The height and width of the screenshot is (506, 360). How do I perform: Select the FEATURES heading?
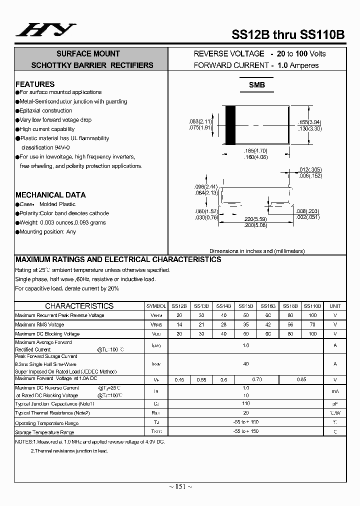click(x=35, y=84)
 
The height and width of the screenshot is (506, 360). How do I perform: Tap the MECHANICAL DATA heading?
click(x=50, y=194)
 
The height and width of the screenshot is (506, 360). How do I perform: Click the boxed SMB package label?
click(x=257, y=85)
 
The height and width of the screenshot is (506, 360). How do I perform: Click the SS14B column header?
click(x=223, y=306)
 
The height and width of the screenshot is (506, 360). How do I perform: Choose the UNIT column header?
click(x=335, y=306)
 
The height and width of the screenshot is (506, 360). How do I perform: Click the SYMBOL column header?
click(x=156, y=306)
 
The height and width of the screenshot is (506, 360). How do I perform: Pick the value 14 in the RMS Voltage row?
click(x=179, y=324)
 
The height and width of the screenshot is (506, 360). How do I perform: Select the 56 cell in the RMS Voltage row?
click(x=290, y=324)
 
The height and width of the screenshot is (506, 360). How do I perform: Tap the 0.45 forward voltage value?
click(x=179, y=380)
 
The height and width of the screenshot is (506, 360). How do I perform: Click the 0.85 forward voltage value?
click(x=301, y=380)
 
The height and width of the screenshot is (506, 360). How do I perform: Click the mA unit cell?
click(x=335, y=391)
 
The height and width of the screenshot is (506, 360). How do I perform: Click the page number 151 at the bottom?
click(x=180, y=486)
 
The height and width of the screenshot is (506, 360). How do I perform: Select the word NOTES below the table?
click(x=23, y=441)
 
